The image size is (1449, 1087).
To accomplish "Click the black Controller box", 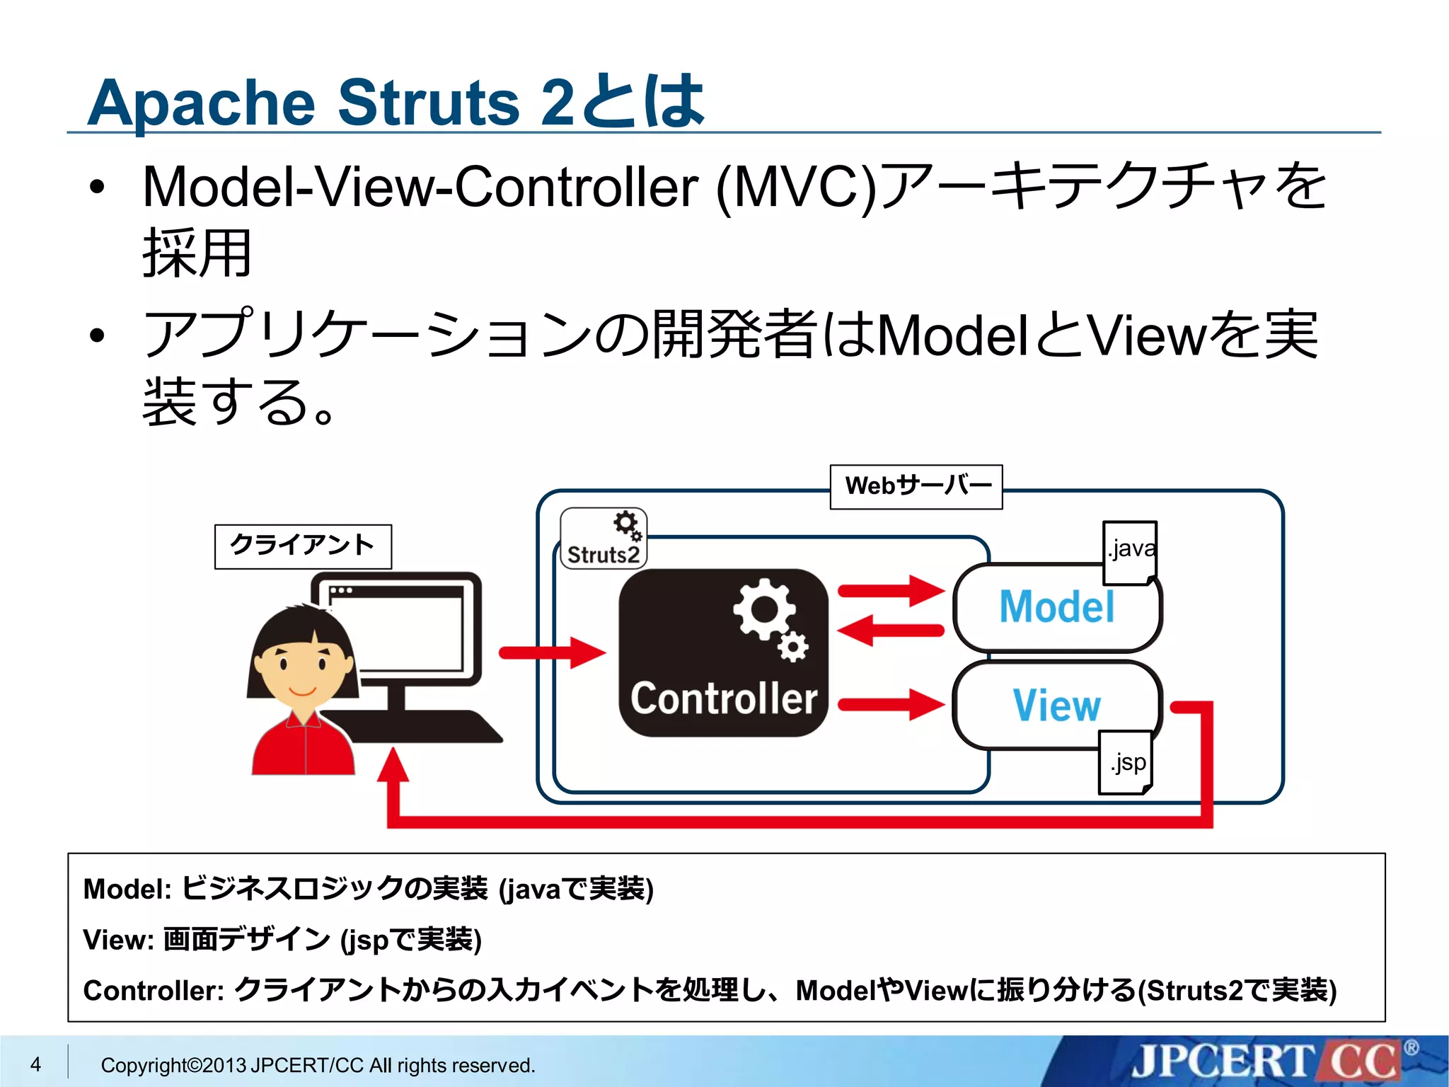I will pos(722,652).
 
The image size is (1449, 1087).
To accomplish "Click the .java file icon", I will pos(1131,552).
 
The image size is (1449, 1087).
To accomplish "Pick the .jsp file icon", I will pos(1126,763).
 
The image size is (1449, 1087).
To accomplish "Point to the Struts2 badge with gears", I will pos(604,539).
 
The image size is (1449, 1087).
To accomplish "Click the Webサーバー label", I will pos(916,486).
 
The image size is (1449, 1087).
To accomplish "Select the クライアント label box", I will pos(303,546).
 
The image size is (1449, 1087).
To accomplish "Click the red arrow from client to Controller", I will pos(552,652).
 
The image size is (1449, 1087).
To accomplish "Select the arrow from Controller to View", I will pos(891,704).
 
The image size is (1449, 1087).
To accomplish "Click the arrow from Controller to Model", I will pos(891,589).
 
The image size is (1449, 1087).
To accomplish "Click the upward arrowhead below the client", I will pos(393,768).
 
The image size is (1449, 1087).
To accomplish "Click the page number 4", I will pos(35,1064).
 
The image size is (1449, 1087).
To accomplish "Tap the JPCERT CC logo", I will pos(1266,1062).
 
